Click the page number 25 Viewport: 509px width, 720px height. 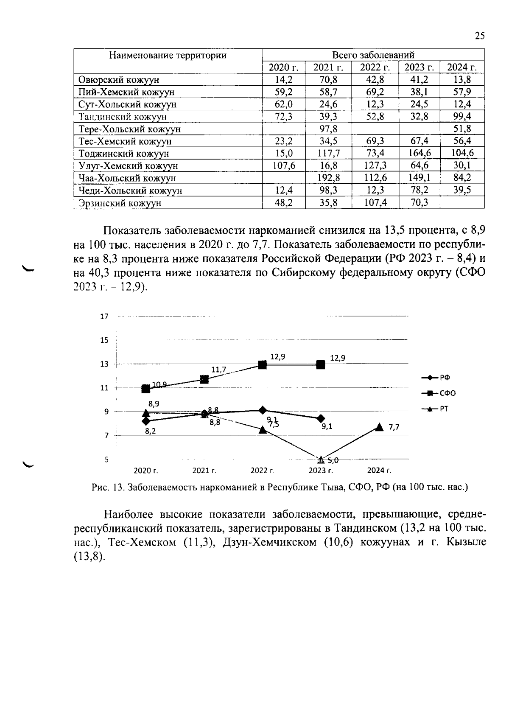(x=479, y=36)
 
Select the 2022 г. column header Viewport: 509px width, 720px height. (x=375, y=67)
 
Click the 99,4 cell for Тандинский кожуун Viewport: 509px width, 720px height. (x=462, y=117)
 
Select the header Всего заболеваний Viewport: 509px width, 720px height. (x=373, y=55)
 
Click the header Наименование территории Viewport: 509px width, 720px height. (x=168, y=55)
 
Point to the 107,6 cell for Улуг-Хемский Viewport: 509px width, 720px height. (x=284, y=166)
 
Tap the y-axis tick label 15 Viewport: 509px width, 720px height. (x=104, y=340)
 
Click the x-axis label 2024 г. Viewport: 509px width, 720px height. (x=379, y=471)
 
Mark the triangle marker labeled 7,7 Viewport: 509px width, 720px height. (x=379, y=427)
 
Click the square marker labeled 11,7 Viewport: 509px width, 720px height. (x=204, y=379)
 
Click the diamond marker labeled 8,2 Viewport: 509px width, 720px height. (x=146, y=421)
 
